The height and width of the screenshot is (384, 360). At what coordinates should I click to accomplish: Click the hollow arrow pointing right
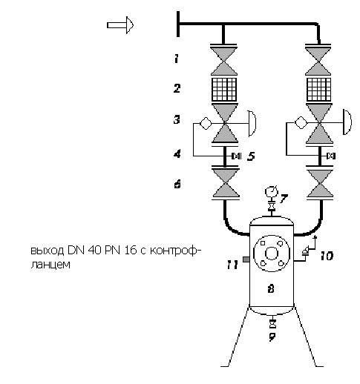(x=120, y=25)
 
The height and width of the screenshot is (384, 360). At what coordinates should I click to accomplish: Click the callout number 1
(x=176, y=59)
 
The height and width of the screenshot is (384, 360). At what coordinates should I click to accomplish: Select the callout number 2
(x=177, y=88)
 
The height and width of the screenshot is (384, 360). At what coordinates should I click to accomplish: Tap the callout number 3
(x=177, y=119)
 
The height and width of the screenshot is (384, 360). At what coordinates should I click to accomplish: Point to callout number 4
(x=177, y=153)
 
